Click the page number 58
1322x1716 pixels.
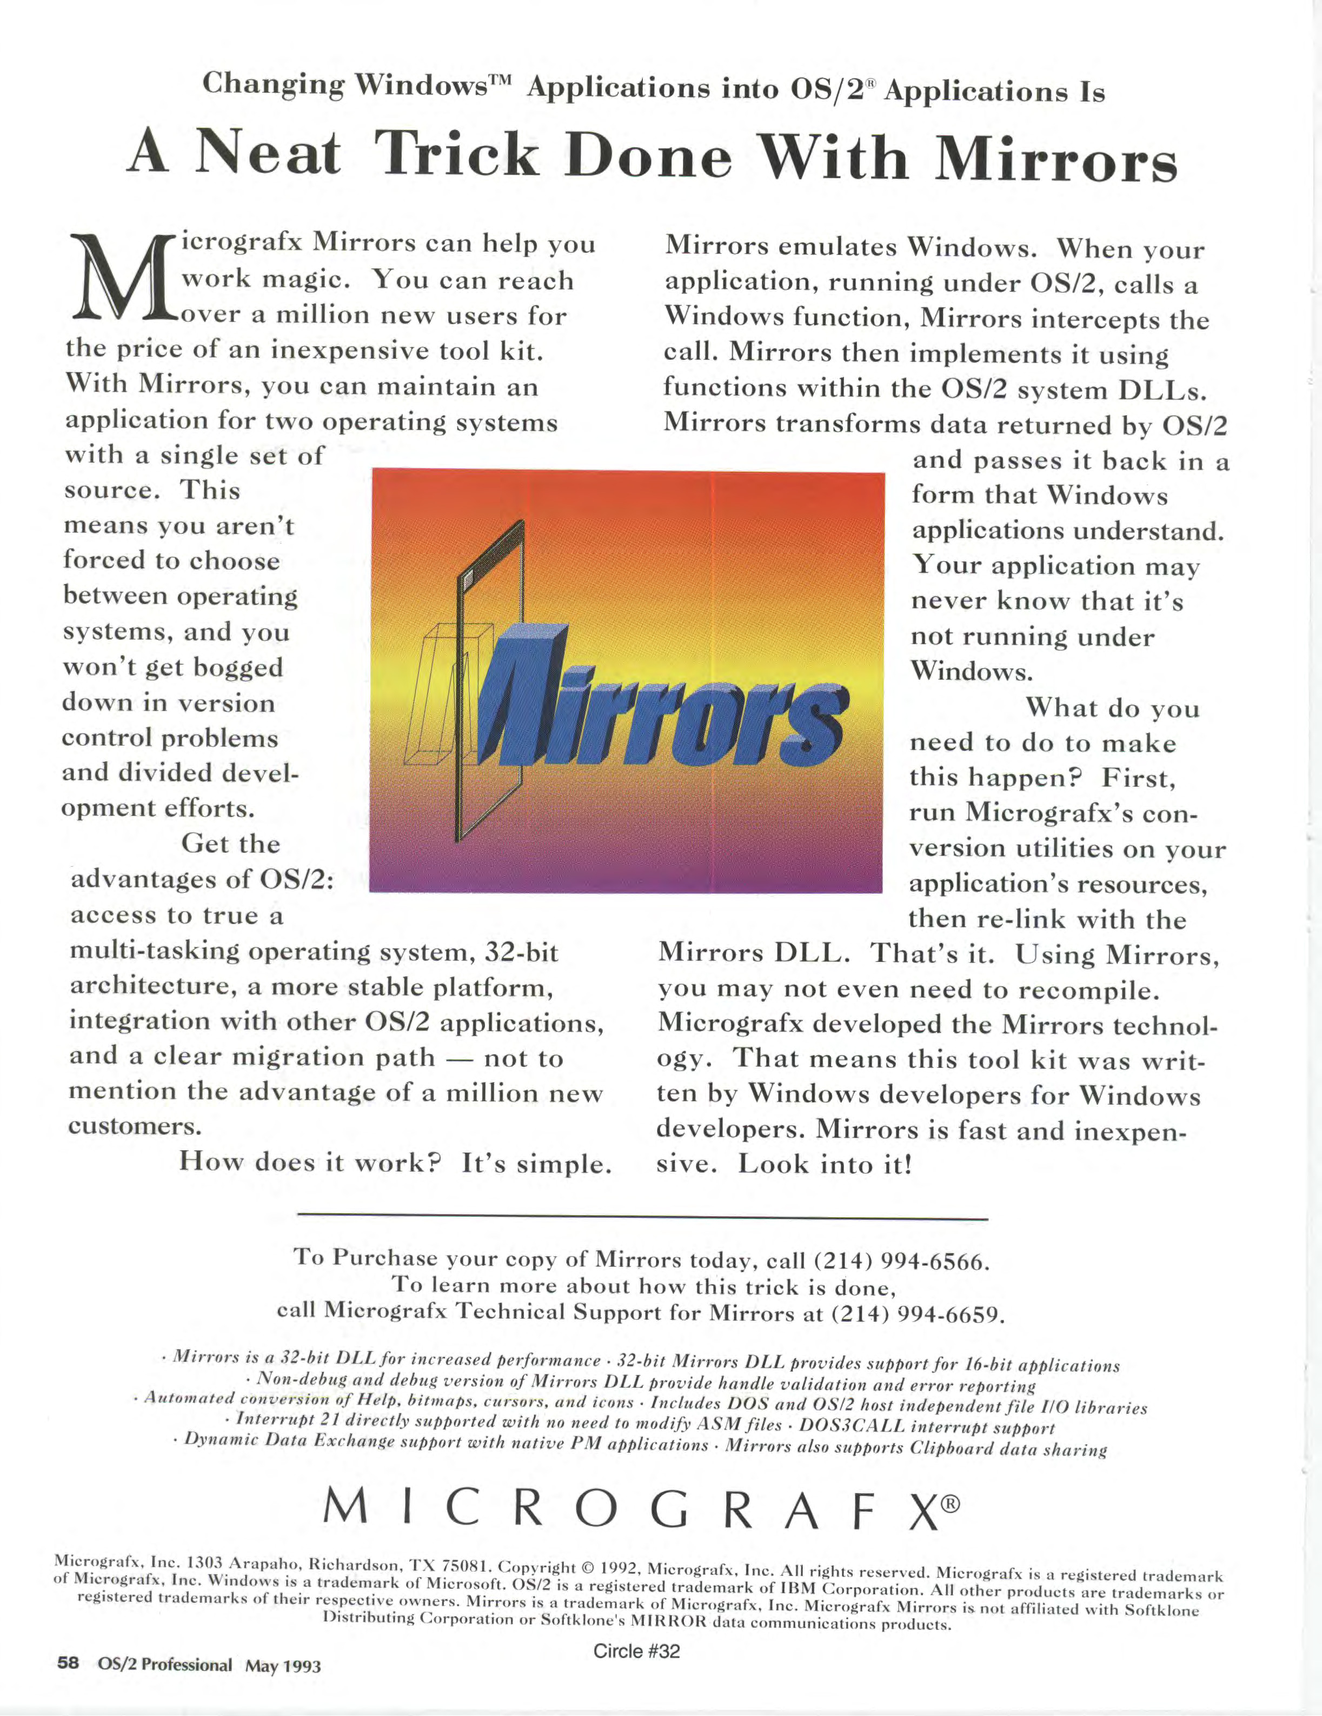(x=68, y=1662)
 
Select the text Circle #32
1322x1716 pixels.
(x=636, y=1651)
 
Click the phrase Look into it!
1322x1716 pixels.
(x=825, y=1164)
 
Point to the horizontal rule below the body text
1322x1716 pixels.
(x=642, y=1217)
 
